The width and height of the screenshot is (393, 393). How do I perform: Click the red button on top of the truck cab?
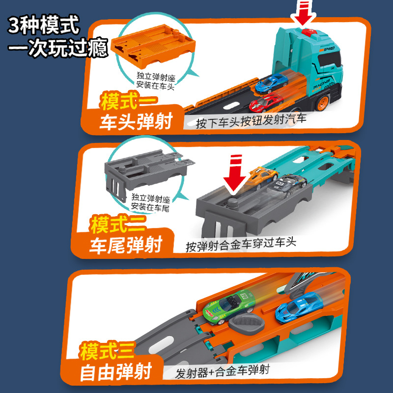coord(309,31)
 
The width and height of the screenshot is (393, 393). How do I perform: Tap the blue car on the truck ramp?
coord(272,83)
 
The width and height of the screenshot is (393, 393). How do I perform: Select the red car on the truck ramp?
coord(266,103)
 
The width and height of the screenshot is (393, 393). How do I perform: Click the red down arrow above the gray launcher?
coord(235,174)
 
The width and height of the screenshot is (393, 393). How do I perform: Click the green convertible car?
coord(229,307)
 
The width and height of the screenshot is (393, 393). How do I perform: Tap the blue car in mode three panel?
coord(299,308)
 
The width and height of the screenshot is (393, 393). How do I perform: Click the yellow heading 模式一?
coord(129,101)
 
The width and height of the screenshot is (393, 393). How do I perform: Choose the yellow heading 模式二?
coord(118,224)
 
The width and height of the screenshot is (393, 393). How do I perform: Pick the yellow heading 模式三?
coord(108,350)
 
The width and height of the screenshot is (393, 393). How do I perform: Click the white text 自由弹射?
coord(116,372)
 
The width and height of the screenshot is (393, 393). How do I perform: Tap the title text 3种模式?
coord(44,25)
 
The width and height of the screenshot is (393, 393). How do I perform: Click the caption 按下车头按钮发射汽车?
coord(251,120)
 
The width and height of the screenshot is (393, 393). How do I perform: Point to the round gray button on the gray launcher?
coord(233,202)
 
